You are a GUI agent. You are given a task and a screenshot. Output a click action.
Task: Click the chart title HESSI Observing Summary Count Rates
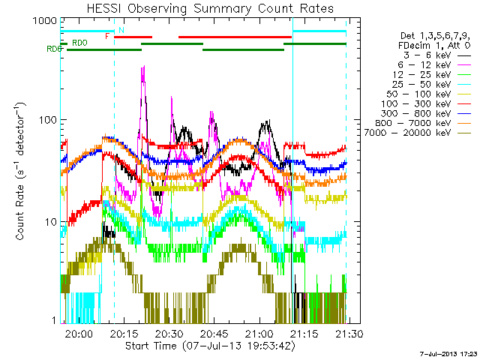210,8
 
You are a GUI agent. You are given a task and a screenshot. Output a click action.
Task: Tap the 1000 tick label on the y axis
45,21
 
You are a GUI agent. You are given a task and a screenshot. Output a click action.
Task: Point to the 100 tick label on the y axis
48,120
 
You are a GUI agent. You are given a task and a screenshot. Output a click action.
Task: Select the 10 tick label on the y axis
51,222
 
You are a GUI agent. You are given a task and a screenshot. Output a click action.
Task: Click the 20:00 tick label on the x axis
79,333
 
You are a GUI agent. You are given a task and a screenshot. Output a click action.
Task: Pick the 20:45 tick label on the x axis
214,333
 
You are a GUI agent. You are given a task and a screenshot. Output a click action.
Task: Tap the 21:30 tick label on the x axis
349,333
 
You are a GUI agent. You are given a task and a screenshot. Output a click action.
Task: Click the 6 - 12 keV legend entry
434,65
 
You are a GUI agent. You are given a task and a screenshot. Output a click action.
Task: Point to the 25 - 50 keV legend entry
431,84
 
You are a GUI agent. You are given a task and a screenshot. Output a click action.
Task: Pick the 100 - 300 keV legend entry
426,103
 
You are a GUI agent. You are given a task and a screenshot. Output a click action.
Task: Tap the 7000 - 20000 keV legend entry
418,133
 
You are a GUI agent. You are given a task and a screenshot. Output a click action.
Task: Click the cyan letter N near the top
121,30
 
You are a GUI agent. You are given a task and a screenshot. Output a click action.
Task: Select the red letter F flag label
107,36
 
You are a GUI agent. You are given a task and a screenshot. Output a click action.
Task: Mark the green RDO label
79,43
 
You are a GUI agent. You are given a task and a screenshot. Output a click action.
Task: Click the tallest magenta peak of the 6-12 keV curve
144,66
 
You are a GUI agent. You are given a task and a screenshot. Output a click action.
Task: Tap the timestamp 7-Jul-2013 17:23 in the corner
448,354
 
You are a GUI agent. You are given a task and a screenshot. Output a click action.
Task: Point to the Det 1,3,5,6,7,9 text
435,36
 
